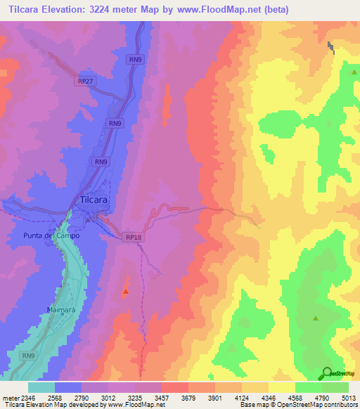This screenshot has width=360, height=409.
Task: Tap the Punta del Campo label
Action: click(x=51, y=235)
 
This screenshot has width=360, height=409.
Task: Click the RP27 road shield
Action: click(x=86, y=82)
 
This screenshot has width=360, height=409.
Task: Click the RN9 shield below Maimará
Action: click(x=28, y=356)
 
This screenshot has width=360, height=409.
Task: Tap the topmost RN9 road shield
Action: click(x=136, y=60)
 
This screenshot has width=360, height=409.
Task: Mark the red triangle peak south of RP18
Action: click(x=126, y=290)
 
